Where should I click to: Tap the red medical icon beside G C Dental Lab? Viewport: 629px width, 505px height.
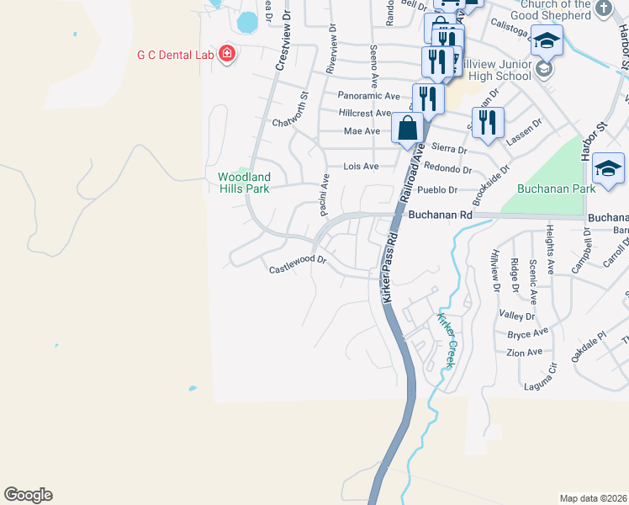tap(226, 56)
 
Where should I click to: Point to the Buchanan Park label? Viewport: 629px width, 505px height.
tap(552, 189)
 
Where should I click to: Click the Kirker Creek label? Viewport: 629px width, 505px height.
tap(445, 340)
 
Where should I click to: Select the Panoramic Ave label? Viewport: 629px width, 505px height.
tap(368, 96)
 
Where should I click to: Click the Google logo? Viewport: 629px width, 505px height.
tap(28, 495)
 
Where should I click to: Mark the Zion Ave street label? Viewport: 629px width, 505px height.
tap(525, 352)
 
